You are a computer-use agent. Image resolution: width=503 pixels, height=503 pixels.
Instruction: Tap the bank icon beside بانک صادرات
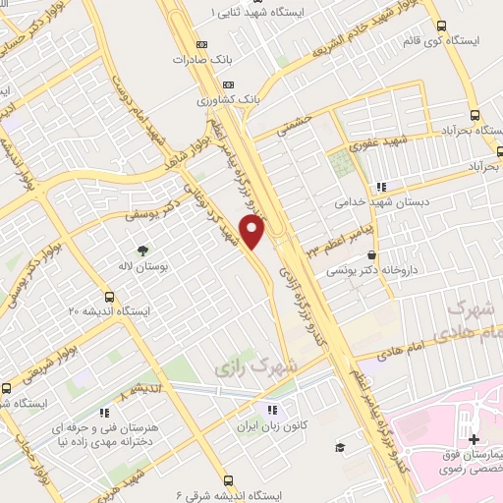click(203, 45)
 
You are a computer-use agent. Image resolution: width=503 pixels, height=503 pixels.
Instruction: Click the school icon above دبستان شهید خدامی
click(380, 186)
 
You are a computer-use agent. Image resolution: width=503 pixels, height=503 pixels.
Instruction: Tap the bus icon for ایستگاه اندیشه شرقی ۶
click(228, 480)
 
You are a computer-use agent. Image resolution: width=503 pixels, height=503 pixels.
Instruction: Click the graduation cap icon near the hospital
click(339, 448)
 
